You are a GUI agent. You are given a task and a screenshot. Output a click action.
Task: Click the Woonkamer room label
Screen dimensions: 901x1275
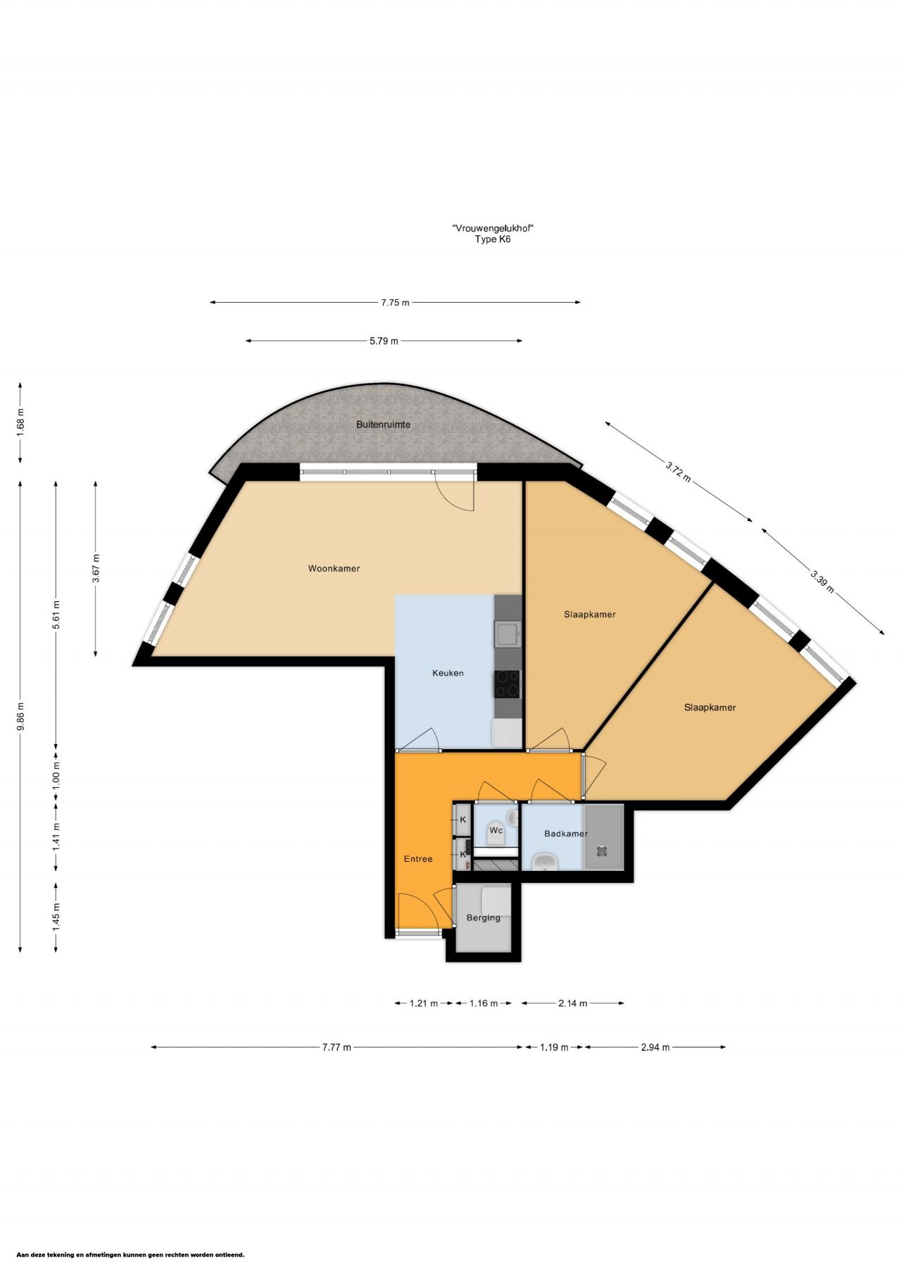tap(334, 568)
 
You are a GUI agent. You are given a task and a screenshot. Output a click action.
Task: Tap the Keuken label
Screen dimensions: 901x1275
tap(448, 673)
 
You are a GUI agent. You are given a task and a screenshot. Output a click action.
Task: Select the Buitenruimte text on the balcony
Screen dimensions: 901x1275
tap(383, 425)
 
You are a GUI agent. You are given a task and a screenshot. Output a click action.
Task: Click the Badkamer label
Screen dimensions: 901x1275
tap(566, 834)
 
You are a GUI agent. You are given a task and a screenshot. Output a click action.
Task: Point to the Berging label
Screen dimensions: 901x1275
tap(484, 917)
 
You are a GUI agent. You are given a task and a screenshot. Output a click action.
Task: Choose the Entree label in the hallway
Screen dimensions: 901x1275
tap(418, 859)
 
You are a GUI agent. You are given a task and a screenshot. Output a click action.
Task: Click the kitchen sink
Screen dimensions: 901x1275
tap(508, 634)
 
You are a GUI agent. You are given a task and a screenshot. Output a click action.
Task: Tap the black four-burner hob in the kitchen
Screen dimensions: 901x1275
tap(508, 683)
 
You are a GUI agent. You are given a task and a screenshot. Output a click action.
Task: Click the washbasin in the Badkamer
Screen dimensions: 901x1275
tap(544, 861)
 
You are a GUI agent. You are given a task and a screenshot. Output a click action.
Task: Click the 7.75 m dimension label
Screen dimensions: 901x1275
tap(395, 303)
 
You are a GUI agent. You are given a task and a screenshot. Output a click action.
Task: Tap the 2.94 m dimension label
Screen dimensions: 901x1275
tap(655, 1047)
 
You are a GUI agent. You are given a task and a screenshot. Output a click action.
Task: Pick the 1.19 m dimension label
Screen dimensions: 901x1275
tap(554, 1047)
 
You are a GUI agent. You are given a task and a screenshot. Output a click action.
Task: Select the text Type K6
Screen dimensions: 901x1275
tap(493, 239)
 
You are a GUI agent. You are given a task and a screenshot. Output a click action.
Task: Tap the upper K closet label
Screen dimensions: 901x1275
tap(463, 819)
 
